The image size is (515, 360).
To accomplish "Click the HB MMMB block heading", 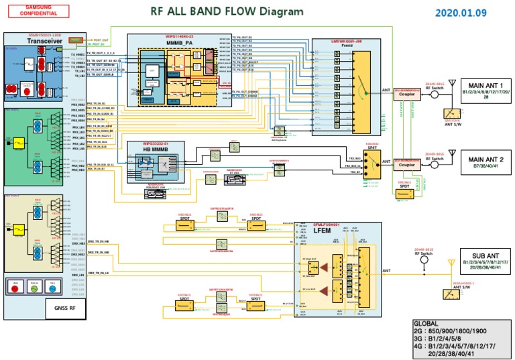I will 152,148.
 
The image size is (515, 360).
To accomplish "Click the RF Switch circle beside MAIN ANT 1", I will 435,95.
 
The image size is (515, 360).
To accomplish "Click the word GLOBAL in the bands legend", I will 427,322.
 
